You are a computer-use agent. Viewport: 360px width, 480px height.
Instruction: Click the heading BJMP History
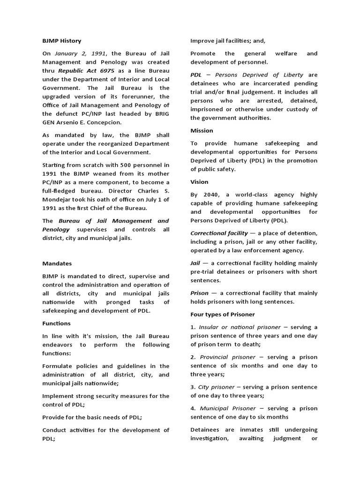[x=61, y=41]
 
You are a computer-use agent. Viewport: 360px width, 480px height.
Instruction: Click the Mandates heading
[x=57, y=263]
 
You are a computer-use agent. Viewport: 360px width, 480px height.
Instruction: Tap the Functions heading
[x=56, y=323]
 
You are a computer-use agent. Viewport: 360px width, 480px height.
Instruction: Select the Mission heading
[x=202, y=130]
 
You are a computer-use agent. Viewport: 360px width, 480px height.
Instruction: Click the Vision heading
[x=199, y=182]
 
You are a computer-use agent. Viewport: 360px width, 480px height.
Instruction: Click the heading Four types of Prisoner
[x=222, y=315]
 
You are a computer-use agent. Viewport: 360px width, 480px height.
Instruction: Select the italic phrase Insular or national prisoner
[x=240, y=327]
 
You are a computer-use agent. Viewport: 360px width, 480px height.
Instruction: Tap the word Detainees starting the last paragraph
[x=206, y=430]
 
